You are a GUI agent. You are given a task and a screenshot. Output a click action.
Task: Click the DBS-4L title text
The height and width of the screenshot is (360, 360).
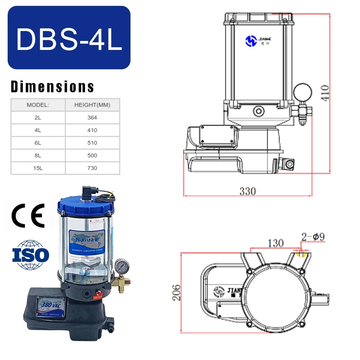pos(69,39)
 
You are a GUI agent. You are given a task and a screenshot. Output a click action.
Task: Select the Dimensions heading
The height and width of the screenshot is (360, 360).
pos(52,86)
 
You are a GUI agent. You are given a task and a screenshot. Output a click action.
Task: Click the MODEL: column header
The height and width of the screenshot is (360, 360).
pos(38,105)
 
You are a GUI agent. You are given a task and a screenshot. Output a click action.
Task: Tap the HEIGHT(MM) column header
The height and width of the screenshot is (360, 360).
pos(92,105)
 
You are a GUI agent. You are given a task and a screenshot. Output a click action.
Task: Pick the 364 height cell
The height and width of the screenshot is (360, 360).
pos(92,117)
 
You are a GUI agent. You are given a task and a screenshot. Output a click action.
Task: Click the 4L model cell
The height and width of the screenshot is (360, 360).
pos(38,130)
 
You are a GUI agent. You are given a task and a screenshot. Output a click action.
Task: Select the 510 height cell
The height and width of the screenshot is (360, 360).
pos(92,143)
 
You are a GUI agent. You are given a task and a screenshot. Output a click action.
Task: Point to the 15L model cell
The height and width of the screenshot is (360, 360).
pos(38,168)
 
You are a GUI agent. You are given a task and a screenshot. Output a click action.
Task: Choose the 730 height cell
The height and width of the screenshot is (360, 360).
pos(92,168)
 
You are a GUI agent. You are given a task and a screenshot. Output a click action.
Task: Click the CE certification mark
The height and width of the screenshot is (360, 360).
pos(28,215)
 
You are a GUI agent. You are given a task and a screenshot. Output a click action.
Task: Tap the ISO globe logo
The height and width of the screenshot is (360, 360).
pos(30,255)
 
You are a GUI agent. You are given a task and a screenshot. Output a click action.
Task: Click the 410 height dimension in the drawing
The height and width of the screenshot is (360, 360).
pos(325,93)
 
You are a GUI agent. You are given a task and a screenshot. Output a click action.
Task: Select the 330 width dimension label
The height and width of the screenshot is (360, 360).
pos(247,191)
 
